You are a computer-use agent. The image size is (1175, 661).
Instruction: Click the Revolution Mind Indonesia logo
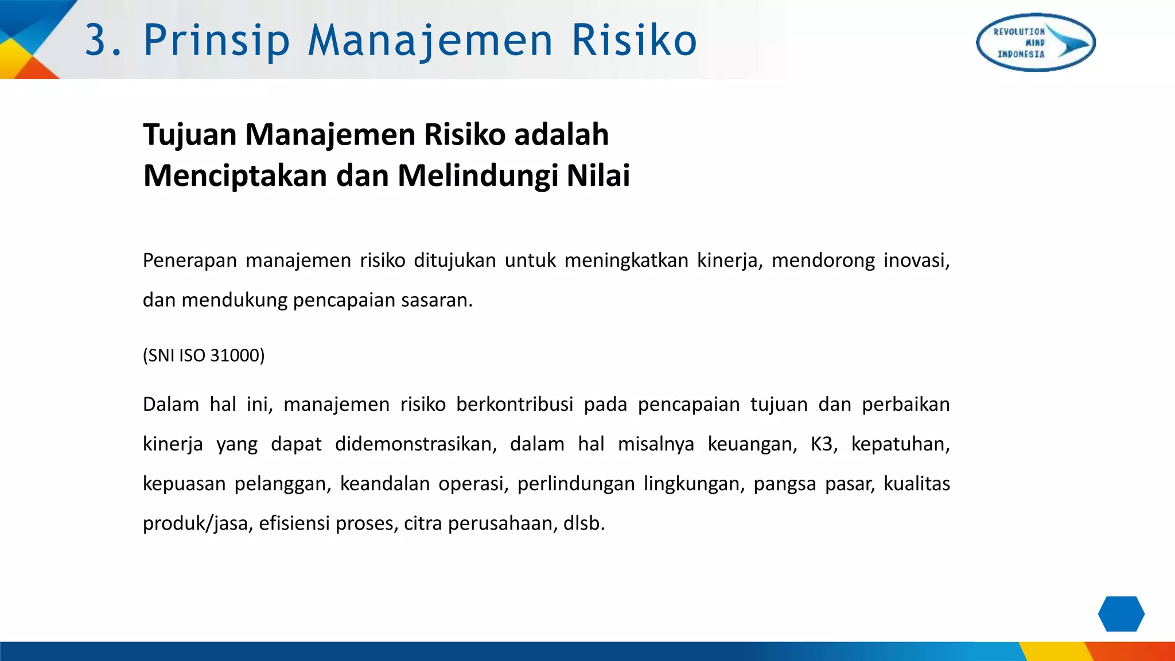pos(1036,42)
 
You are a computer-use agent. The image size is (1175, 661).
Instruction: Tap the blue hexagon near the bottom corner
pos(1121,614)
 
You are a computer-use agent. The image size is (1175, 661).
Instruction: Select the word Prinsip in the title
pos(216,41)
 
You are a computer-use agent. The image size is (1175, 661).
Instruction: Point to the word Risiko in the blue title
pos(634,41)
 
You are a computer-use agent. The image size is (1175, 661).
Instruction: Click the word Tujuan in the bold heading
pos(190,135)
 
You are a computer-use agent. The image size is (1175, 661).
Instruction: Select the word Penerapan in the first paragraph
pos(190,260)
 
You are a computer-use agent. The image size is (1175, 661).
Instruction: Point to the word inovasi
pos(916,260)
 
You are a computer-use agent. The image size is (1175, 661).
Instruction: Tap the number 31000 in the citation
pos(235,356)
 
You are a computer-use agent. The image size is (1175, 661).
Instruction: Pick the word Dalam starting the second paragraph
pos(171,405)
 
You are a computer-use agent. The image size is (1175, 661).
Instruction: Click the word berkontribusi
pos(515,405)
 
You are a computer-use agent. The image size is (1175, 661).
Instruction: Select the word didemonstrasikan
pos(415,444)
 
